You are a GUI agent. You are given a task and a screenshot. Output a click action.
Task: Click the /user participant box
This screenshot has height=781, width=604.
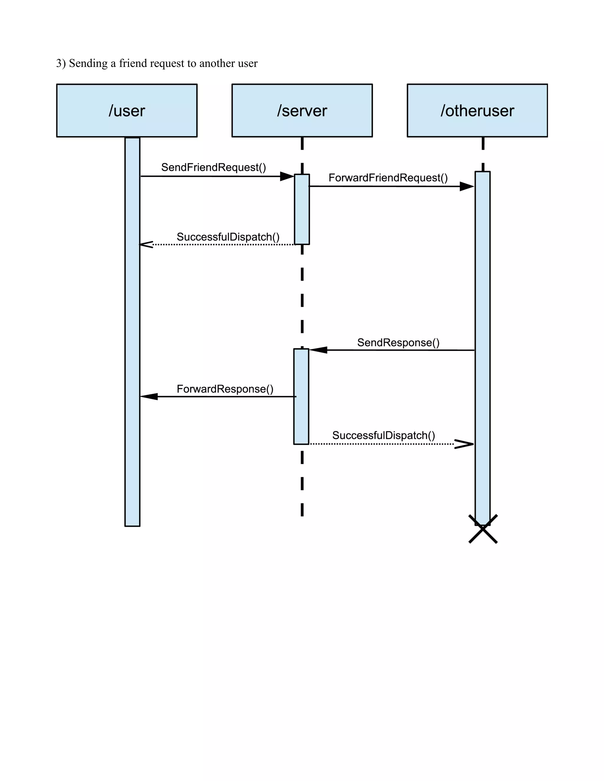coord(127,111)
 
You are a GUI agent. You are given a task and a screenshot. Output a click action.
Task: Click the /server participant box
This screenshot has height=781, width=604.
coord(302,111)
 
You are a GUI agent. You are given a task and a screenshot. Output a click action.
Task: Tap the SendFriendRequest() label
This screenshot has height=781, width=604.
coord(214,167)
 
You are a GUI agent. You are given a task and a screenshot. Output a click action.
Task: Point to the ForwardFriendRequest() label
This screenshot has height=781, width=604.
coord(388,178)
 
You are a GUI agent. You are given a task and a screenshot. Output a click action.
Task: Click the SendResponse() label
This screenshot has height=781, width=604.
coord(398,342)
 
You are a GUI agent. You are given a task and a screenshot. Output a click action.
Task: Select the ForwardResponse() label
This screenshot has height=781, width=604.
coord(225,389)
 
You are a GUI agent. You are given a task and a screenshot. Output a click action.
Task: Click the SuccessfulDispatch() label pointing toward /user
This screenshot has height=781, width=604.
coord(228,237)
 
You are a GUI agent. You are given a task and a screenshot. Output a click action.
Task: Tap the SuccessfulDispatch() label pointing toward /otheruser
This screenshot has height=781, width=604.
coord(384,436)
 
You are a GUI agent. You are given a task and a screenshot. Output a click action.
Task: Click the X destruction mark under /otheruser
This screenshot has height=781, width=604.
coord(483,529)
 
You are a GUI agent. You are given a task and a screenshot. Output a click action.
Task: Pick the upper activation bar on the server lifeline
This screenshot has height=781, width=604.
coord(302,209)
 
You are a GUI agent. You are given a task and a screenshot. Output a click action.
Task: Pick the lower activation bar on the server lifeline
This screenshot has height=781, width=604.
coord(301,396)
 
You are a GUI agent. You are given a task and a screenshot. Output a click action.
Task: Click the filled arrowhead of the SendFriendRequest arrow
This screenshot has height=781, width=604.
coord(287,176)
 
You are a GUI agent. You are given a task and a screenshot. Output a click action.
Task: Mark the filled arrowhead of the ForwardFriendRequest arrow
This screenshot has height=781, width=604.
coord(467,186)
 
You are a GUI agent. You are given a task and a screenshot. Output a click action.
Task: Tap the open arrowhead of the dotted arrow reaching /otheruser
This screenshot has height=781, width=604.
coord(465,444)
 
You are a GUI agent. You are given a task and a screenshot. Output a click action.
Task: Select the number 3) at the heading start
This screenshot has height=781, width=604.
coord(61,63)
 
